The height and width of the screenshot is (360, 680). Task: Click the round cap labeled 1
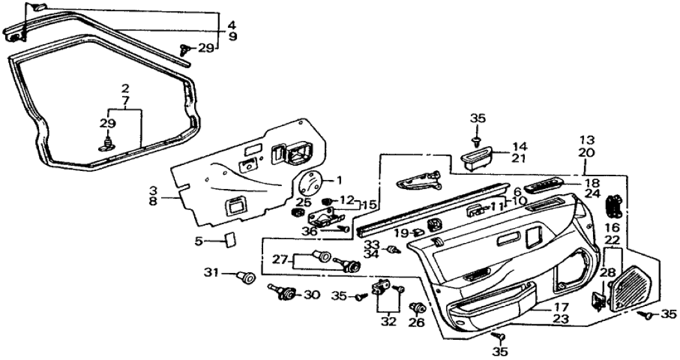(x=312, y=181)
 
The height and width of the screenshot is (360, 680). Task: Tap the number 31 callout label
(x=211, y=272)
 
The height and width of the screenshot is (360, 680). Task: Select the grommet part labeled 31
(x=246, y=277)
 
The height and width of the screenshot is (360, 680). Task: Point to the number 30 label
(x=312, y=294)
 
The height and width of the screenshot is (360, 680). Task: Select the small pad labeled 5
(x=228, y=240)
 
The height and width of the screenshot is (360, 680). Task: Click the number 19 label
(x=401, y=232)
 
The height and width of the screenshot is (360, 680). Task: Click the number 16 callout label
(x=612, y=228)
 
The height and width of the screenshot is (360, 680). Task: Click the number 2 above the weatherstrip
(x=125, y=88)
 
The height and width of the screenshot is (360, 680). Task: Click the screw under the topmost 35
(x=477, y=140)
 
